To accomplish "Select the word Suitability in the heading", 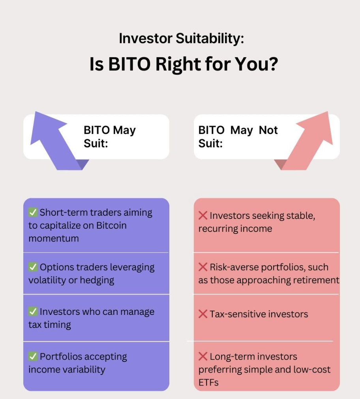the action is pos(210,38).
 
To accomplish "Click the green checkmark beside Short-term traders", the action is pos(33,212).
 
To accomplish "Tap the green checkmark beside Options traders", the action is pos(33,267).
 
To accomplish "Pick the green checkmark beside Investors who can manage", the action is pos(33,311).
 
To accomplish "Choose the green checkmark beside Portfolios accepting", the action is pos(33,356).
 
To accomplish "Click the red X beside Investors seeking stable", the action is pos(203,215).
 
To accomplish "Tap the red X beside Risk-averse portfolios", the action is pos(203,267).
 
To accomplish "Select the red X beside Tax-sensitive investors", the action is pos(203,314).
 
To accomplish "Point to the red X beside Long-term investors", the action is pos(203,356).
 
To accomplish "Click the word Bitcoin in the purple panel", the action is pos(111,226).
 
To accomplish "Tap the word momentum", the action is pos(54,239).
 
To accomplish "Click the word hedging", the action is pos(97,280).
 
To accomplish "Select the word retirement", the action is pos(316,280).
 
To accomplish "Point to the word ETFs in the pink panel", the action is pos(208,382).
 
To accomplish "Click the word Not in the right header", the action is pos(268,130).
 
